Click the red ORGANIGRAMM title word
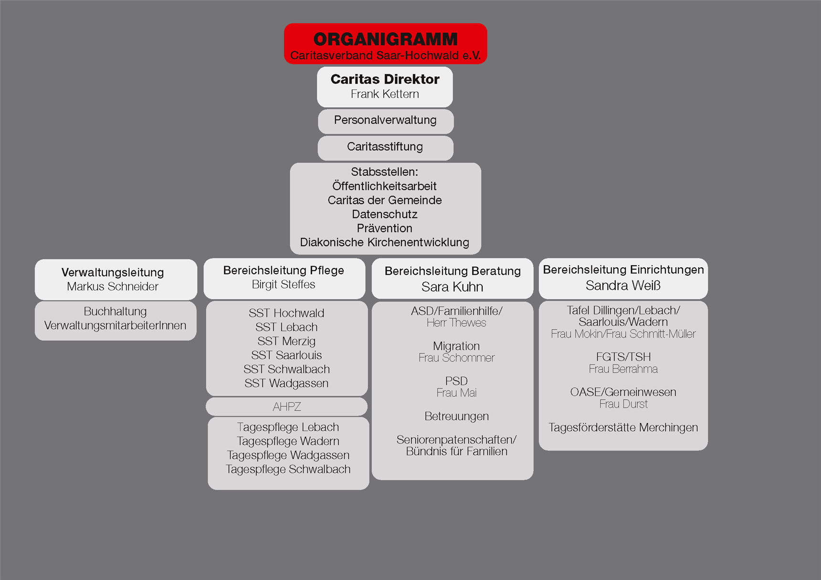(385, 39)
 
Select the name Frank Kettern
(385, 94)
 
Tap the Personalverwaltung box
(386, 121)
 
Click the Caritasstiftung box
(386, 148)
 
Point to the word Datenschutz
(385, 214)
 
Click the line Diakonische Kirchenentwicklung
(385, 242)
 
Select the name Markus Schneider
(113, 286)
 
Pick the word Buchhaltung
(115, 311)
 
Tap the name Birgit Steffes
(284, 284)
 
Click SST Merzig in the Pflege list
(286, 341)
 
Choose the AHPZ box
(286, 407)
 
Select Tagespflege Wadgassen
(288, 455)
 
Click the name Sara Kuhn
(453, 287)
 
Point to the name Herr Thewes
(456, 323)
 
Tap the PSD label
(456, 381)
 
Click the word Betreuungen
(457, 416)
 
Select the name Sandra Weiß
(623, 285)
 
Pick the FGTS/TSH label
(623, 357)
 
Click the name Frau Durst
(623, 404)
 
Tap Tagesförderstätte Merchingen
(623, 427)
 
